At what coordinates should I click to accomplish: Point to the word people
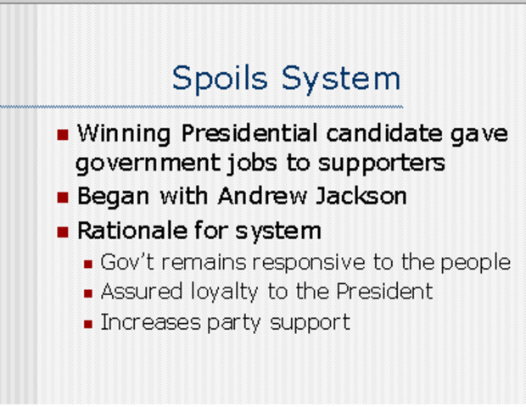(477, 264)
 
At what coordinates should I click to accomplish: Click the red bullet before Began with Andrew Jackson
(63, 198)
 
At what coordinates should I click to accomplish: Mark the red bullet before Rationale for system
(63, 232)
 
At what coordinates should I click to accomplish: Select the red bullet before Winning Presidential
(63, 135)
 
